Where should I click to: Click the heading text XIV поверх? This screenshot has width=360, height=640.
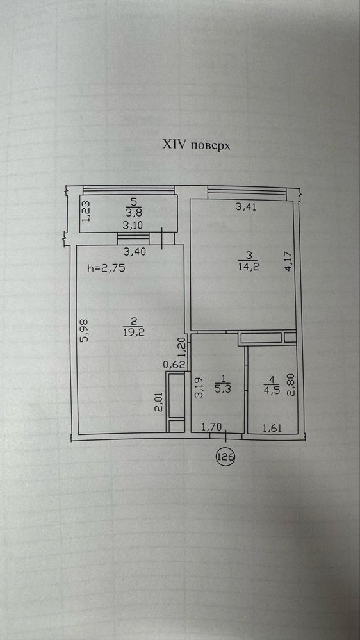(197, 145)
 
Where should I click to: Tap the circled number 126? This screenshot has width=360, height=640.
(225, 457)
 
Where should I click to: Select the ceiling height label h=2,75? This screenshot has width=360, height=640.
(106, 268)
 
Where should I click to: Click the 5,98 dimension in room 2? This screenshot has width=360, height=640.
(86, 331)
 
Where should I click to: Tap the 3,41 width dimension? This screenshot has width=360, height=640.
(246, 207)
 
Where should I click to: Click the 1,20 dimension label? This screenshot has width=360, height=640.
(183, 347)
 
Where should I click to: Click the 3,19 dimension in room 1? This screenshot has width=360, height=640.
(199, 388)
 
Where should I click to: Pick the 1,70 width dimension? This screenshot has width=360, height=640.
(212, 427)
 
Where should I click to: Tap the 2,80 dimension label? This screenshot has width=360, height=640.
(291, 385)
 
